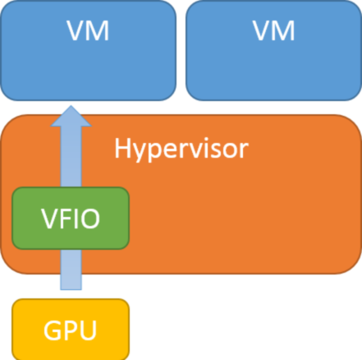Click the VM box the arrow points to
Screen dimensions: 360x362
[x=89, y=49]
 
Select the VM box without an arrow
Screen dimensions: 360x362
[x=273, y=49]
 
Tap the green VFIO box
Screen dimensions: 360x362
[x=71, y=219]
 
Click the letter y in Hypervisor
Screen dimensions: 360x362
[x=140, y=152]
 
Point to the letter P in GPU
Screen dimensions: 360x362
[x=70, y=331]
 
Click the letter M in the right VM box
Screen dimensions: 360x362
[x=283, y=32]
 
